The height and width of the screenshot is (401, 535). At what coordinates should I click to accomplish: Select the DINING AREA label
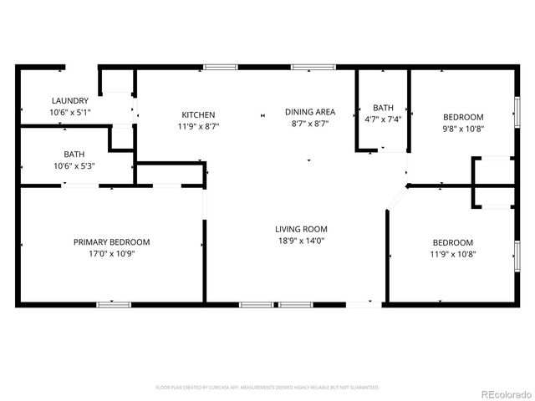(310, 112)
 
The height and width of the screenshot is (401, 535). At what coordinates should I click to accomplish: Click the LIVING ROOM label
(301, 229)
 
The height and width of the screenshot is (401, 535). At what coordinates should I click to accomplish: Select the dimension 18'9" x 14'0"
(301, 241)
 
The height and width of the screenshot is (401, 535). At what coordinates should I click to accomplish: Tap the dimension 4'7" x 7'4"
(383, 119)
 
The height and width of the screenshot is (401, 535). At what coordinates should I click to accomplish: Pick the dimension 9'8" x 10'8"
(462, 128)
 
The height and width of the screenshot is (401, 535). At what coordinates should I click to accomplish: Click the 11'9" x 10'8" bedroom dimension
(451, 254)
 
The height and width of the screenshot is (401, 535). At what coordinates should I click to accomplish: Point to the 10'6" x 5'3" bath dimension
(74, 165)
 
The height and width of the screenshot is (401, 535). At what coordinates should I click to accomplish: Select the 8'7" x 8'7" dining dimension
(310, 124)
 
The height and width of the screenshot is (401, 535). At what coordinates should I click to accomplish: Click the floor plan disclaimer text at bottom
(267, 388)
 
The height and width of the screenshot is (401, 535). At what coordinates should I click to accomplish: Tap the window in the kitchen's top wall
(220, 67)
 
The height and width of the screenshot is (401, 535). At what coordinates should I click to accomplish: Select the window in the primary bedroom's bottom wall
(114, 304)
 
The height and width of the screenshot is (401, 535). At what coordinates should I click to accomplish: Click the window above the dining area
(308, 67)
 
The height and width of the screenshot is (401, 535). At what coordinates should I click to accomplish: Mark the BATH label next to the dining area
(383, 108)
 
